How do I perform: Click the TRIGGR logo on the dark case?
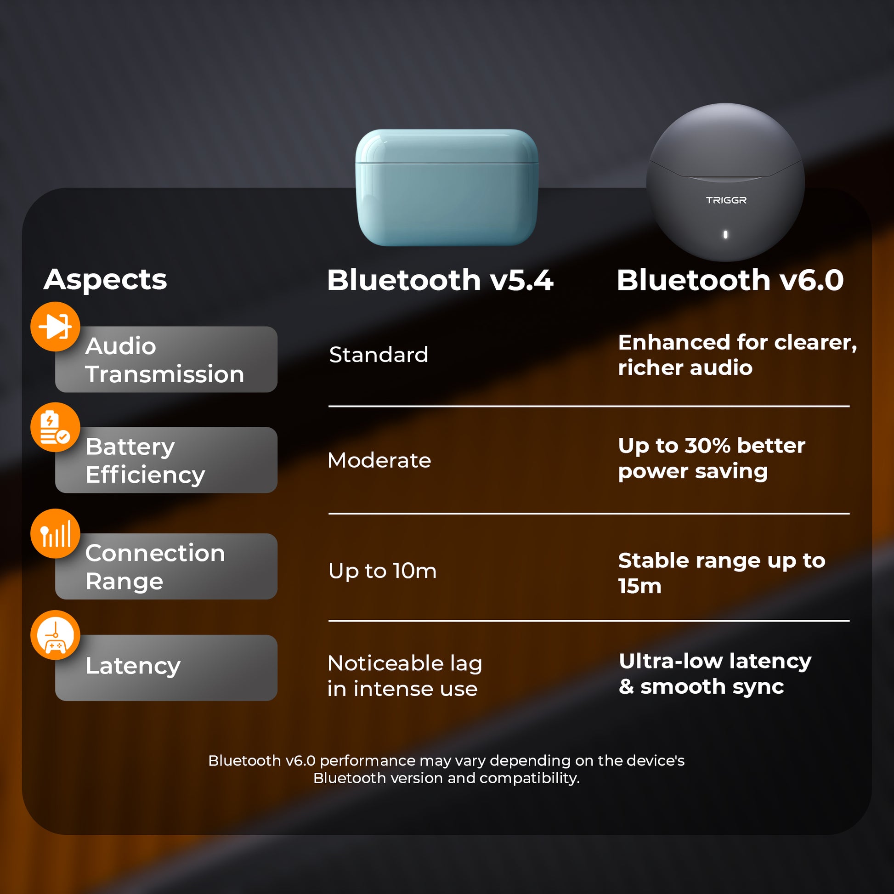726,200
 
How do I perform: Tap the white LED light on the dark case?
725,235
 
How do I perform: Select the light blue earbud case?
447,187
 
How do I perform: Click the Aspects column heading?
106,279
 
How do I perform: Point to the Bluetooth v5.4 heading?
440,280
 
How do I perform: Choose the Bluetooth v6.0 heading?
730,280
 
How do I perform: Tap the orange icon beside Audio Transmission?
55,327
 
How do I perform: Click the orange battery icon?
55,427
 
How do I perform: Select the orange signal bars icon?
55,533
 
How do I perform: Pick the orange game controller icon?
55,635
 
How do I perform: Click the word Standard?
379,355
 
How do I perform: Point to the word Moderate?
379,460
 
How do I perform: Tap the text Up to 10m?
382,571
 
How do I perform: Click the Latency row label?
133,666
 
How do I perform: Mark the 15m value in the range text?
639,586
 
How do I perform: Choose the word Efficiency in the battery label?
145,475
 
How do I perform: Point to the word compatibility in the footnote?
529,778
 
